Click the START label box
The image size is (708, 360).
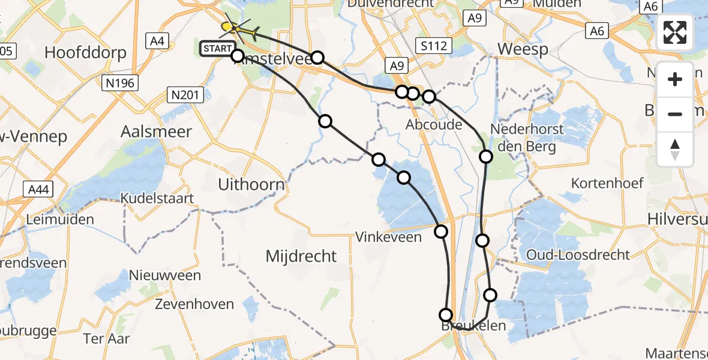point(218,49)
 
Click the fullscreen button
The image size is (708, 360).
point(675,32)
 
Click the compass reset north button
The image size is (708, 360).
point(675,149)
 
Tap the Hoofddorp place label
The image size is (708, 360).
point(85,53)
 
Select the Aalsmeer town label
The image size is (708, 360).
point(156,131)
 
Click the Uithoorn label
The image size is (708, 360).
point(251,184)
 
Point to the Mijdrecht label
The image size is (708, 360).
point(301,256)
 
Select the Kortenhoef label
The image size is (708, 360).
point(607,183)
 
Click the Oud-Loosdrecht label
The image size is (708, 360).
point(578,255)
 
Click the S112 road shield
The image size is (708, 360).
point(433,45)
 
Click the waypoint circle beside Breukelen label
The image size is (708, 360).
point(446,314)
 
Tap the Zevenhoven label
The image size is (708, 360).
point(194,304)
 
